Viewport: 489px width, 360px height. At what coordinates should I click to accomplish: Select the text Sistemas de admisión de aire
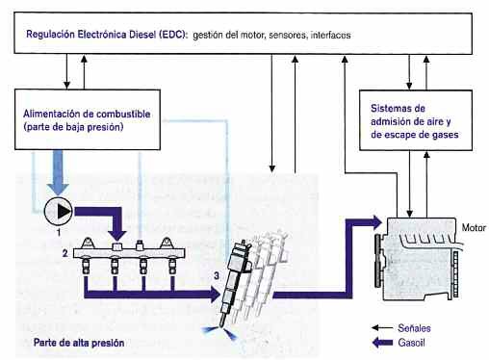point(408,120)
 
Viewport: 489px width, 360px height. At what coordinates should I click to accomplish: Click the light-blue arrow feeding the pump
point(58,179)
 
